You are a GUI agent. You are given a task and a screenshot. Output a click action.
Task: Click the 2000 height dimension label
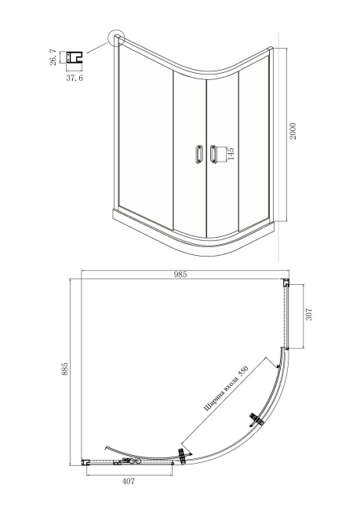293,131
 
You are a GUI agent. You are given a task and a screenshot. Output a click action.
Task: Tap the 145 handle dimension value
231,154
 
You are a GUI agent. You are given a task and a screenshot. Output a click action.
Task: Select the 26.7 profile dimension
53,57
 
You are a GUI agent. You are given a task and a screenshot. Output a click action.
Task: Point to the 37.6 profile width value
75,78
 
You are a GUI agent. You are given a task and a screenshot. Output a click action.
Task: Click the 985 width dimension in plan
180,275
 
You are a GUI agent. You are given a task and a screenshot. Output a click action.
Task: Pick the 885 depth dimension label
65,370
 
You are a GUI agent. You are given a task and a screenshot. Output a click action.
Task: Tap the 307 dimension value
309,315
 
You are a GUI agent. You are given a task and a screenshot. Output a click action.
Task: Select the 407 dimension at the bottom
128,481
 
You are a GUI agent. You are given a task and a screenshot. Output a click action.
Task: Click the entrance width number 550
243,371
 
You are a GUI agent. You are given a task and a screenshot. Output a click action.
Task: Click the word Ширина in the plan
213,403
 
